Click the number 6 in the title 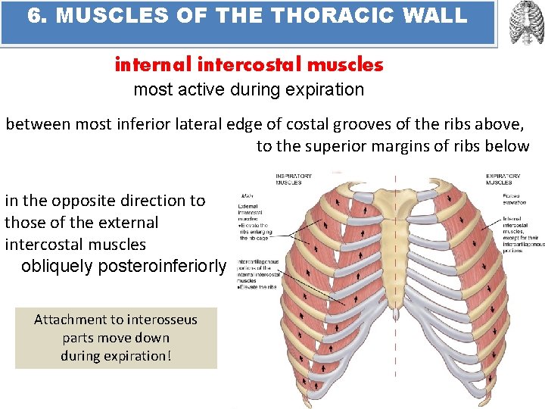33,16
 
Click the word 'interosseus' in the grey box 161,320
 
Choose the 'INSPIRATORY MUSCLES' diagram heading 294,179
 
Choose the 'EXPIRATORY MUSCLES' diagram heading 503,179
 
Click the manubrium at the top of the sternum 394,193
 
